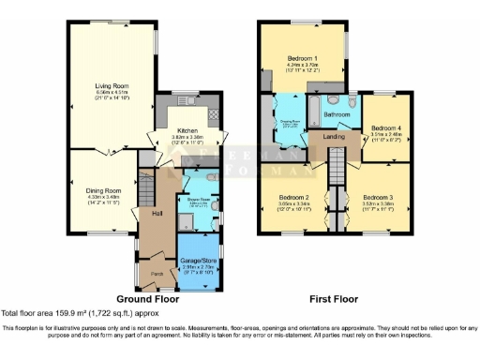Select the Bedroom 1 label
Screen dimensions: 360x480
pos(302,58)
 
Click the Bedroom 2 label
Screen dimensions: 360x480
pos(293,197)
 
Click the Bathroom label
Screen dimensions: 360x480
pos(337,114)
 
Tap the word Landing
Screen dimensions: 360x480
pos(335,138)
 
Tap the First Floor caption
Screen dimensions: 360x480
pos(336,299)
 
